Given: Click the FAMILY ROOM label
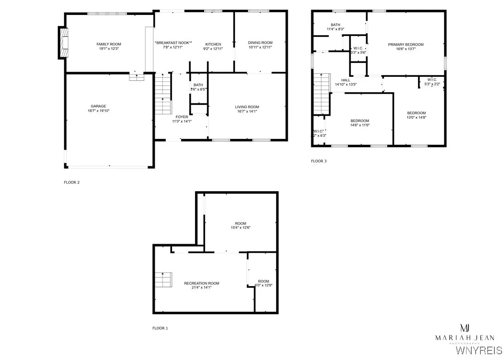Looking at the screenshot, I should click(106, 44).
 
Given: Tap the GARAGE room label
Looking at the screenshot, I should click(98, 106).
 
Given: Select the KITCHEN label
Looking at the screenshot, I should click(213, 44).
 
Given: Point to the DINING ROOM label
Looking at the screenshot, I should click(260, 43).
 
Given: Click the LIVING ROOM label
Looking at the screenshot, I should click(247, 107).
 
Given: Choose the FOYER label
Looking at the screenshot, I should click(182, 117).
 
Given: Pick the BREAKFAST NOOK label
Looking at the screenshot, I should click(173, 43).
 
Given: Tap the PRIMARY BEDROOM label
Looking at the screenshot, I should click(406, 44).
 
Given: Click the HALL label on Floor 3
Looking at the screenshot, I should click(346, 80).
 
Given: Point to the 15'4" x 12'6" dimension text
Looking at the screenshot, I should click(240, 227).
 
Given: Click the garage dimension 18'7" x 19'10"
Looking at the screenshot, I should click(98, 111).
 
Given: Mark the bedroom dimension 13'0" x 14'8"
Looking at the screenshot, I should click(417, 117).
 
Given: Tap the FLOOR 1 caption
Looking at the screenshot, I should click(160, 328).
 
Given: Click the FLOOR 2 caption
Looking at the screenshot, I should click(72, 182).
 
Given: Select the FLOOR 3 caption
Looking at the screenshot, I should click(319, 161).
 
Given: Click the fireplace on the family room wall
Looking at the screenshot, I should click(63, 42).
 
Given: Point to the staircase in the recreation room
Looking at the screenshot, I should click(163, 280).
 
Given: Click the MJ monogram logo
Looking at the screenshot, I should click(465, 328).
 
